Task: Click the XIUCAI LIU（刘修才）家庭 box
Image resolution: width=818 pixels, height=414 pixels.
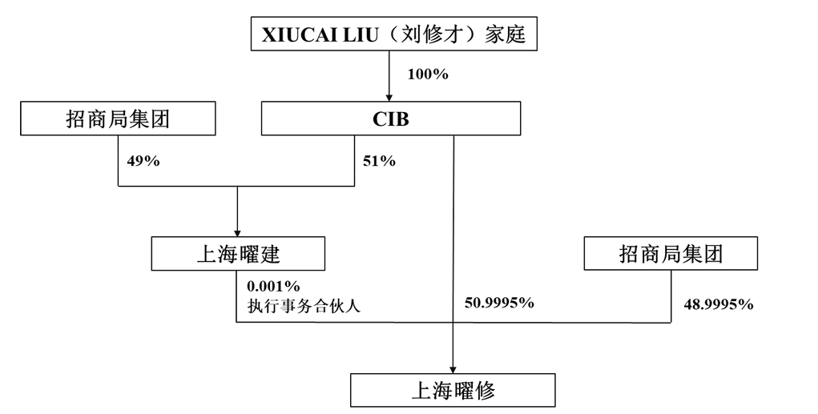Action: (394, 34)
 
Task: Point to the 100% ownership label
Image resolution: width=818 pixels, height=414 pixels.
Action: (427, 74)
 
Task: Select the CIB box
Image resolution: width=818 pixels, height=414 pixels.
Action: (391, 119)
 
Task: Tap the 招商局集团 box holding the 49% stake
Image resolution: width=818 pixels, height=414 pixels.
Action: (118, 119)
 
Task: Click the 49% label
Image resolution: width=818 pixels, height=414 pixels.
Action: (143, 161)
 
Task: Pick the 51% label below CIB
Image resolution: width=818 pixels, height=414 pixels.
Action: (379, 161)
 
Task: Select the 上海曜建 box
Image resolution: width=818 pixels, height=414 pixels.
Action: (238, 253)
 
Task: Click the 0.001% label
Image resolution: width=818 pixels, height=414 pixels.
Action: (273, 286)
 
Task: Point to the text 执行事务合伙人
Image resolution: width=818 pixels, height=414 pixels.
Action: (304, 305)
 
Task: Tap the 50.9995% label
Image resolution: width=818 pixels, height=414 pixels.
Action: (499, 303)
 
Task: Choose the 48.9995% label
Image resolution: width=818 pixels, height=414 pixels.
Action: (719, 304)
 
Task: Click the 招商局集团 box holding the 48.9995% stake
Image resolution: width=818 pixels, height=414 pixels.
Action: (671, 253)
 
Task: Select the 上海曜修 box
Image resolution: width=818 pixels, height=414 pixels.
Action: (453, 390)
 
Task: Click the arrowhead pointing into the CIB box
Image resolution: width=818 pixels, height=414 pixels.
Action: (389, 98)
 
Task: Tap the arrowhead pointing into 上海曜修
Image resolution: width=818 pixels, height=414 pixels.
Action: (453, 369)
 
